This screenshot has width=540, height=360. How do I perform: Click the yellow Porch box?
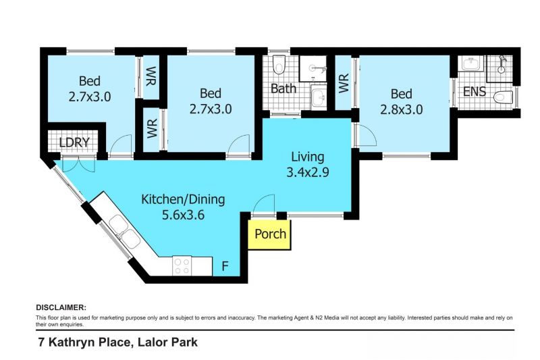tap(269, 234)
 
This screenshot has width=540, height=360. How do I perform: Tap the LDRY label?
tap(74, 143)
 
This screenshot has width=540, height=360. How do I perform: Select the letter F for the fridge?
tap(225, 266)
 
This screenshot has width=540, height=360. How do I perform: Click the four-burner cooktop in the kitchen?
tap(182, 266)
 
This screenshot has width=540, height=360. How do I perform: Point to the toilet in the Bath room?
tap(279, 64)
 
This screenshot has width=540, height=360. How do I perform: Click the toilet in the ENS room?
tap(504, 97)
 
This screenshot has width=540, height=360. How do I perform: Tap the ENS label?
tap(475, 92)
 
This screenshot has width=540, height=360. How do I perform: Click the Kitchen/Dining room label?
tap(183, 199)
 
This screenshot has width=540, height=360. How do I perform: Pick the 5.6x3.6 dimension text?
tap(183, 215)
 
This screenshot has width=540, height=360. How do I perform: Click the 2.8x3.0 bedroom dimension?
tap(402, 109)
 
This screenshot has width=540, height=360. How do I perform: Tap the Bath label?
tap(283, 88)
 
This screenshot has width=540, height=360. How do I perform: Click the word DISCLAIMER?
tap(61, 307)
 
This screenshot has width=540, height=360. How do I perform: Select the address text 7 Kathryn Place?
tap(84, 342)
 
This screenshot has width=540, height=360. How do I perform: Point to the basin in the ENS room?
tap(470, 63)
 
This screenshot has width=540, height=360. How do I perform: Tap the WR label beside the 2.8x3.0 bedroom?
tap(344, 82)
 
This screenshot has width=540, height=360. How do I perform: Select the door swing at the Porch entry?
tap(264, 204)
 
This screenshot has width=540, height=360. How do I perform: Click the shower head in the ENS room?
tap(502, 64)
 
